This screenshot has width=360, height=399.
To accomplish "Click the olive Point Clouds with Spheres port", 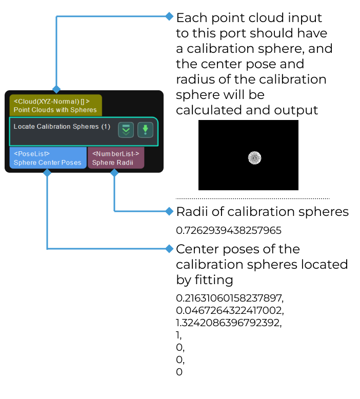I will (55, 105).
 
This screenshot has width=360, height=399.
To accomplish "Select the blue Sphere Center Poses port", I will (48, 158).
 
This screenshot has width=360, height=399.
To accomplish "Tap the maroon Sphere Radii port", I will (115, 158).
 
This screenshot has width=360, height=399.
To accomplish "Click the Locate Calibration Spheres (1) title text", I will (62, 126).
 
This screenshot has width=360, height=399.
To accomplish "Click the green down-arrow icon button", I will (145, 130).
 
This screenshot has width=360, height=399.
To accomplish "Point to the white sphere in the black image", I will (255, 157).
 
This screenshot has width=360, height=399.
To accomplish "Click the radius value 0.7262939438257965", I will (229, 230).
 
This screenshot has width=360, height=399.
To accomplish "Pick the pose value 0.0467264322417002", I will (230, 310).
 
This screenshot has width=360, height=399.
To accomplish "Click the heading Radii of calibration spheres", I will (262, 211).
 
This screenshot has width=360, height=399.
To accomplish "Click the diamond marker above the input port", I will (56, 89).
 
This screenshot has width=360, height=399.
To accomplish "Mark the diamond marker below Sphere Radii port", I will (114, 173).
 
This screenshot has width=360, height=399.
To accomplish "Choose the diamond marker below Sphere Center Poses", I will (47, 173).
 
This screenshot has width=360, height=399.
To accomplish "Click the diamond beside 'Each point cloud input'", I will (169, 16).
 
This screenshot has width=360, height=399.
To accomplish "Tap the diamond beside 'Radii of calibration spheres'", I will (169, 211).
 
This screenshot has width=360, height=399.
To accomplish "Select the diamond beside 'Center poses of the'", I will (169, 249).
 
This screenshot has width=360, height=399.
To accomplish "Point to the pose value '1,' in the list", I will (179, 335).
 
